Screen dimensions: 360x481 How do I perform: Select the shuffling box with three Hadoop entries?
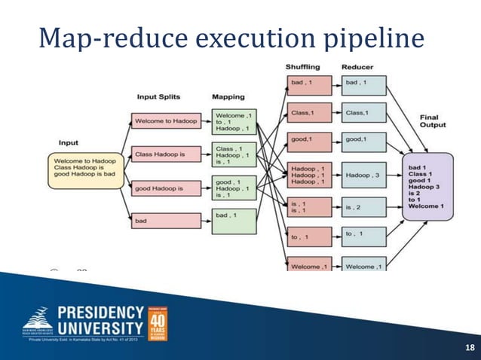(x=308, y=175)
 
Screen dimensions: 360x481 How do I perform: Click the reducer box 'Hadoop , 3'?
(x=363, y=175)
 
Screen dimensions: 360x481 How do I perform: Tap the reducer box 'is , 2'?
(x=363, y=206)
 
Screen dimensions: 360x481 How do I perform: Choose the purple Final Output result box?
(x=427, y=185)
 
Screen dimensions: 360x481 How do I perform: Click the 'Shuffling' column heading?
(x=305, y=68)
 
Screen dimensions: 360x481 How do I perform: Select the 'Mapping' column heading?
(x=228, y=97)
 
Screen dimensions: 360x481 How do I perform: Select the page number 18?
(x=470, y=347)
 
